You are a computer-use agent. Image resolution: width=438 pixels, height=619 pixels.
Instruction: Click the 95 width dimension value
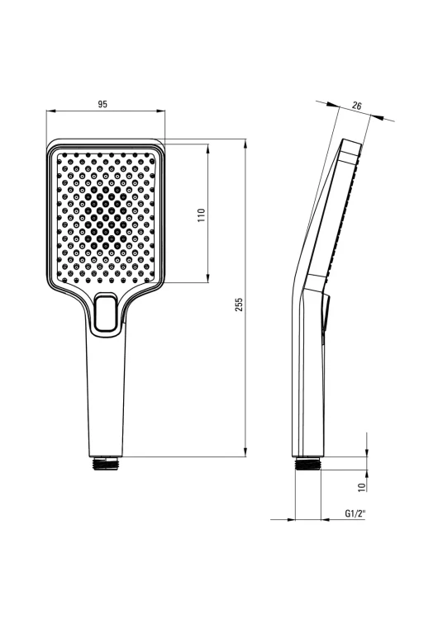[x=102, y=105]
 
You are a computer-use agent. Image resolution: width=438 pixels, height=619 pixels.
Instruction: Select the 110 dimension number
[x=202, y=215]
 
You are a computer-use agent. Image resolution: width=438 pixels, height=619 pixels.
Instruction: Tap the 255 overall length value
[x=239, y=305]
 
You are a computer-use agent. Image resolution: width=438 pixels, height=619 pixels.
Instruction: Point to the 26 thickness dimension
[x=356, y=106]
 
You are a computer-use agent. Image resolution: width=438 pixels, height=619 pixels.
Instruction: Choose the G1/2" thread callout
[x=355, y=513]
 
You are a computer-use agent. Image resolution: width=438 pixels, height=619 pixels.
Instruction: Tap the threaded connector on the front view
[x=106, y=463]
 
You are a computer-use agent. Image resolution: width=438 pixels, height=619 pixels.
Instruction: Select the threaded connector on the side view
[x=309, y=463]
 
